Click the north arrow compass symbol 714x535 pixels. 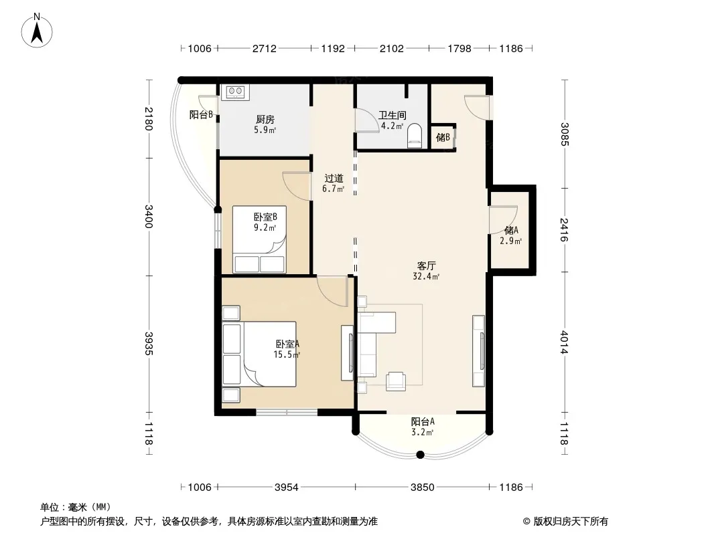(37, 31)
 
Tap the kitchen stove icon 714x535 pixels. (235, 92)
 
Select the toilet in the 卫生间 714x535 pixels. (415, 136)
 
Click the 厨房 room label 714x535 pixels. (265, 120)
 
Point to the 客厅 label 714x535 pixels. (427, 265)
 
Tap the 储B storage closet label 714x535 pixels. (443, 137)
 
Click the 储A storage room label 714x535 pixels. (511, 230)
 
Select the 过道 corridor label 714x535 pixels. (334, 178)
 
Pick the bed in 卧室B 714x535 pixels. (260, 239)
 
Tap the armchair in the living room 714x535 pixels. (396, 381)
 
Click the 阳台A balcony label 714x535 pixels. (423, 421)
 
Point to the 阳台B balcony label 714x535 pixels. (201, 114)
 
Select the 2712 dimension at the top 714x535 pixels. (265, 48)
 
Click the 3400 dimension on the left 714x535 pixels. (149, 217)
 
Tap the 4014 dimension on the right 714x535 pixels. (564, 342)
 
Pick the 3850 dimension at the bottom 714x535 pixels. (423, 488)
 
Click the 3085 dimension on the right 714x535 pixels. (564, 134)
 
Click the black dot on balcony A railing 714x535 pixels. (421, 455)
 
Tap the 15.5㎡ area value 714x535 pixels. (287, 354)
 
